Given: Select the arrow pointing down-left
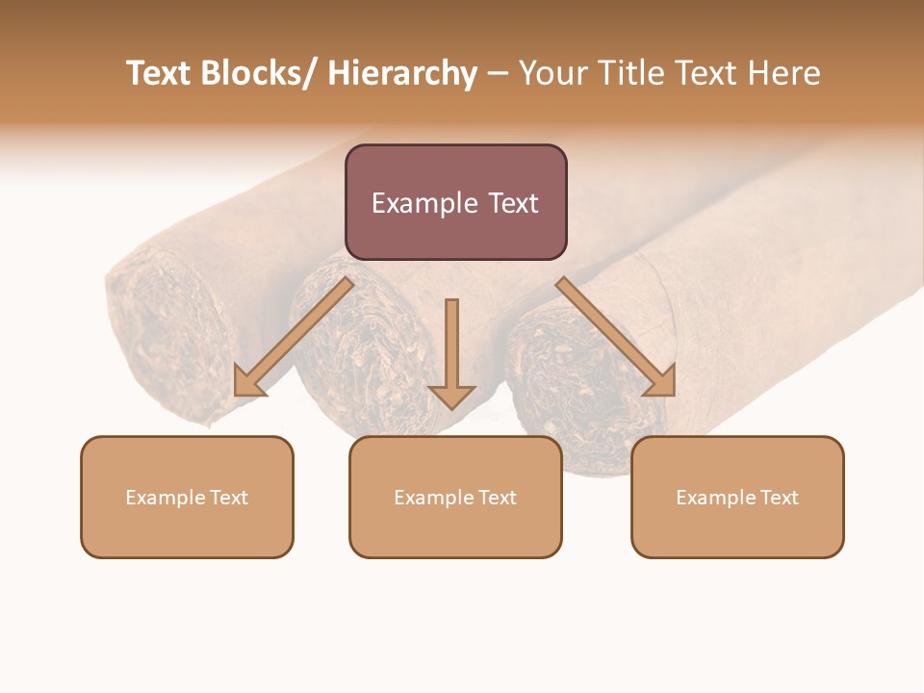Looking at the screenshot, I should click(x=294, y=338).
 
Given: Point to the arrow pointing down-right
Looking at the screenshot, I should click(x=616, y=338).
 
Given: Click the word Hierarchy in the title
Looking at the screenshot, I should click(x=402, y=73).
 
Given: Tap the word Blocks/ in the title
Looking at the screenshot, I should click(x=259, y=73).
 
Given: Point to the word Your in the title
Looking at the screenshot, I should click(x=552, y=73).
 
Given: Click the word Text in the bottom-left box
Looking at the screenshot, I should click(x=229, y=498).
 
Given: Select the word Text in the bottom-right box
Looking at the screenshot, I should click(x=780, y=498).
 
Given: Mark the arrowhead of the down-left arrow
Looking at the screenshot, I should click(x=248, y=383).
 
